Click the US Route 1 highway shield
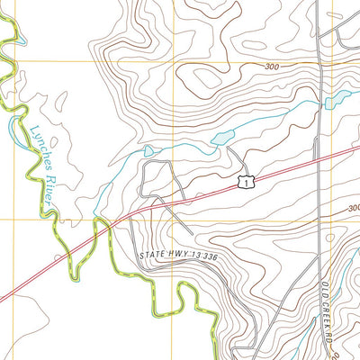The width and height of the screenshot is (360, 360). [x=244, y=183]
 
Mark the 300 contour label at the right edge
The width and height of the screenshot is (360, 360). [x=354, y=208]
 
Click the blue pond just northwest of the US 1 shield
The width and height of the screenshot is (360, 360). [x=220, y=138]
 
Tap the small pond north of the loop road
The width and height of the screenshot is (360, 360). [x=148, y=150]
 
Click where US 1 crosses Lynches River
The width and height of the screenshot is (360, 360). [x=106, y=225]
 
